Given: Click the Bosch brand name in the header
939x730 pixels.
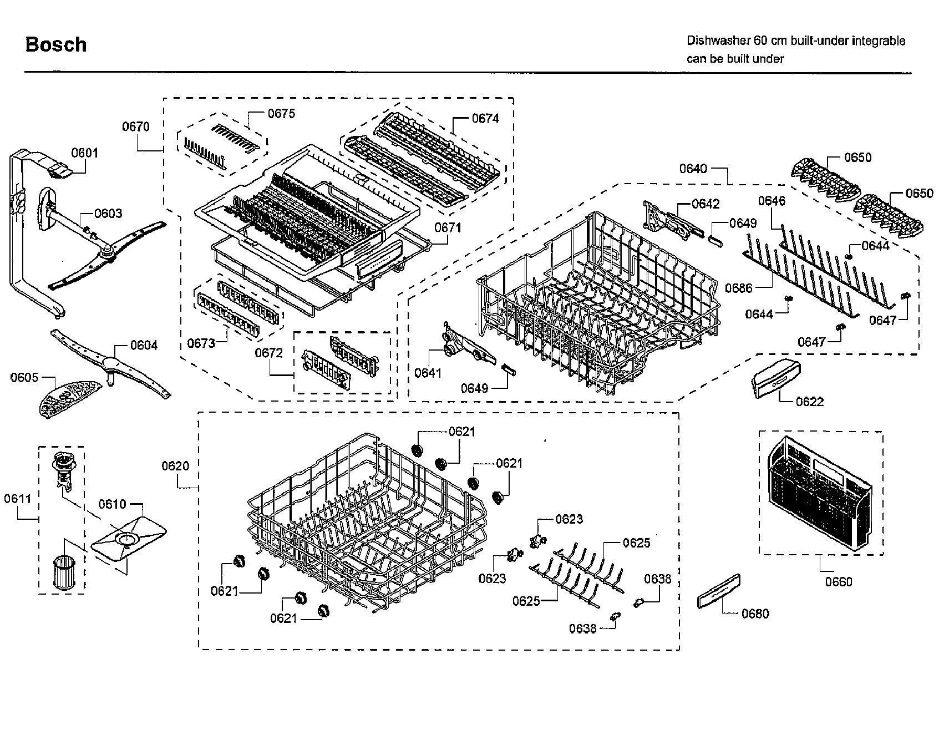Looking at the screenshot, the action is tap(56, 44).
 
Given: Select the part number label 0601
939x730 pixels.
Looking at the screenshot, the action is tap(84, 153).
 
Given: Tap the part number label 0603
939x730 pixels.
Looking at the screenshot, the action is tap(108, 214).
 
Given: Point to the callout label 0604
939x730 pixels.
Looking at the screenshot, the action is tap(144, 345).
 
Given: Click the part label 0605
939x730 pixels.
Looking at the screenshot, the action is tap(24, 378).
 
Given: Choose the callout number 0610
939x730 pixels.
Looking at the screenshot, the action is tap(113, 504).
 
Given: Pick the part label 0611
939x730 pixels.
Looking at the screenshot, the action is tap(18, 499).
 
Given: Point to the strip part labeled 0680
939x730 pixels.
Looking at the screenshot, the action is tap(719, 593).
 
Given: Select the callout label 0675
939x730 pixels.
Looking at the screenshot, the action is tap(282, 114).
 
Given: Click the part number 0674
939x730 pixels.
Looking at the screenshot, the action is tap(485, 118).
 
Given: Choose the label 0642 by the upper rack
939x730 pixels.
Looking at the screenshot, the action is tap(705, 204).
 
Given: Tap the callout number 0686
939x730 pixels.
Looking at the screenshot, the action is tap(739, 288).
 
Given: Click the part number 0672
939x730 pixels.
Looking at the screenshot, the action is tap(269, 353).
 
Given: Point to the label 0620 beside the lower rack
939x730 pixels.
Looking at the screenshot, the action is tap(175, 466).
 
